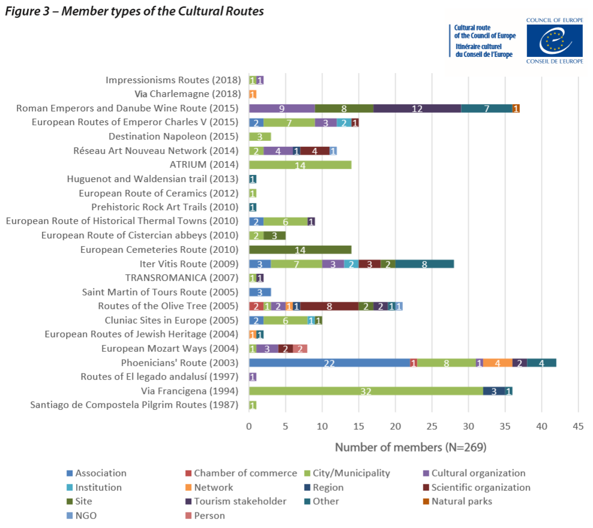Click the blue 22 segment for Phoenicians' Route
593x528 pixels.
329,363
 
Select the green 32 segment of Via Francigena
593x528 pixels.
366,391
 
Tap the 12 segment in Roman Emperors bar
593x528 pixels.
417,108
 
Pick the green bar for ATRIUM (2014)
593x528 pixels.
300,165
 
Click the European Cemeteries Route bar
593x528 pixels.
300,249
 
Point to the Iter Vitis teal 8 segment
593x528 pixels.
425,264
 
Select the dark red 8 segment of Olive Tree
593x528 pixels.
329,306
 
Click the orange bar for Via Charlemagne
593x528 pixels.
252,94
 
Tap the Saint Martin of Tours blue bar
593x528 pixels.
260,292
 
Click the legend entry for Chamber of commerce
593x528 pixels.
245,473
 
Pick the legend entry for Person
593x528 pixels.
209,515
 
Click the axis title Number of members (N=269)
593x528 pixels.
410,447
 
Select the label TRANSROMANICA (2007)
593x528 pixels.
182,277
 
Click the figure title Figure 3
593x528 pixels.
134,11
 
